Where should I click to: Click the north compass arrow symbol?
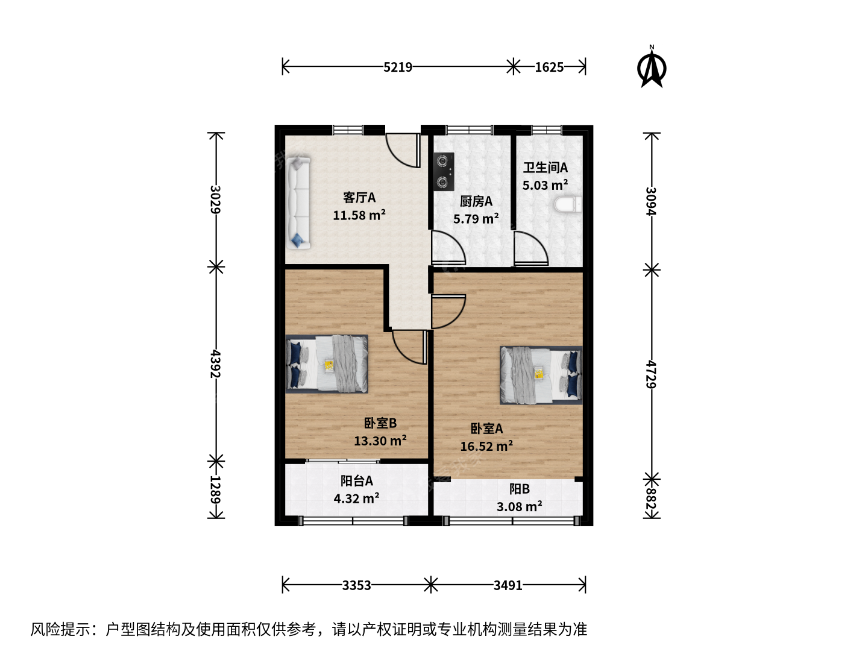pos(651,67)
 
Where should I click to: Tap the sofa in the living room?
pos(298,203)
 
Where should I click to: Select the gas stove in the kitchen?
pos(444,172)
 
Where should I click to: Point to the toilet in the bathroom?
pos(568,205)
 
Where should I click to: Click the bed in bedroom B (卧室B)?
pos(327,363)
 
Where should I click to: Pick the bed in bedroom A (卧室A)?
pos(541,375)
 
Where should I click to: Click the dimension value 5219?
pos(398,67)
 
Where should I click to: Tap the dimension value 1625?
pos(549,67)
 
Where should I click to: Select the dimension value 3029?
pos(216,199)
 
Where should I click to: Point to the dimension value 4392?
pos(216,363)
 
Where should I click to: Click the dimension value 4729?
pos(651,374)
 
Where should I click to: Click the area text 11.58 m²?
pos(359,215)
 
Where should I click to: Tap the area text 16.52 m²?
pos(487,446)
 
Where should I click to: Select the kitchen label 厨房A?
pos(476,201)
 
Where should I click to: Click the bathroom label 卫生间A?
pos(546,168)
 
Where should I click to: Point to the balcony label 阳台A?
pos(357,480)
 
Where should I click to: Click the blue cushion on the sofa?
pos(297,239)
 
